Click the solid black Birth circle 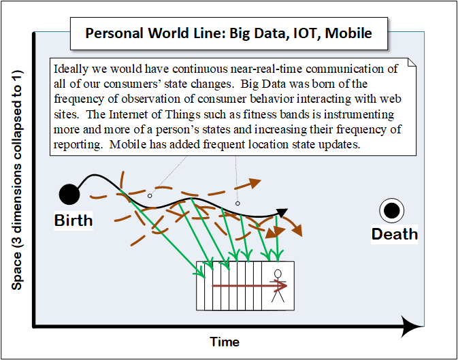coord(69,195)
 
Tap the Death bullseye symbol coord(391,211)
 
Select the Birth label coord(73,220)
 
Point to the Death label coord(394,234)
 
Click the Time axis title coord(225,342)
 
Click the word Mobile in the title coord(348,33)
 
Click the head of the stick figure coord(278,274)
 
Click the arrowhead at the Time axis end coord(412,326)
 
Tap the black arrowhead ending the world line coord(282,213)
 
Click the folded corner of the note coord(410,63)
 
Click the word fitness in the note coord(223,114)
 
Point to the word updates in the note coord(340,145)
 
